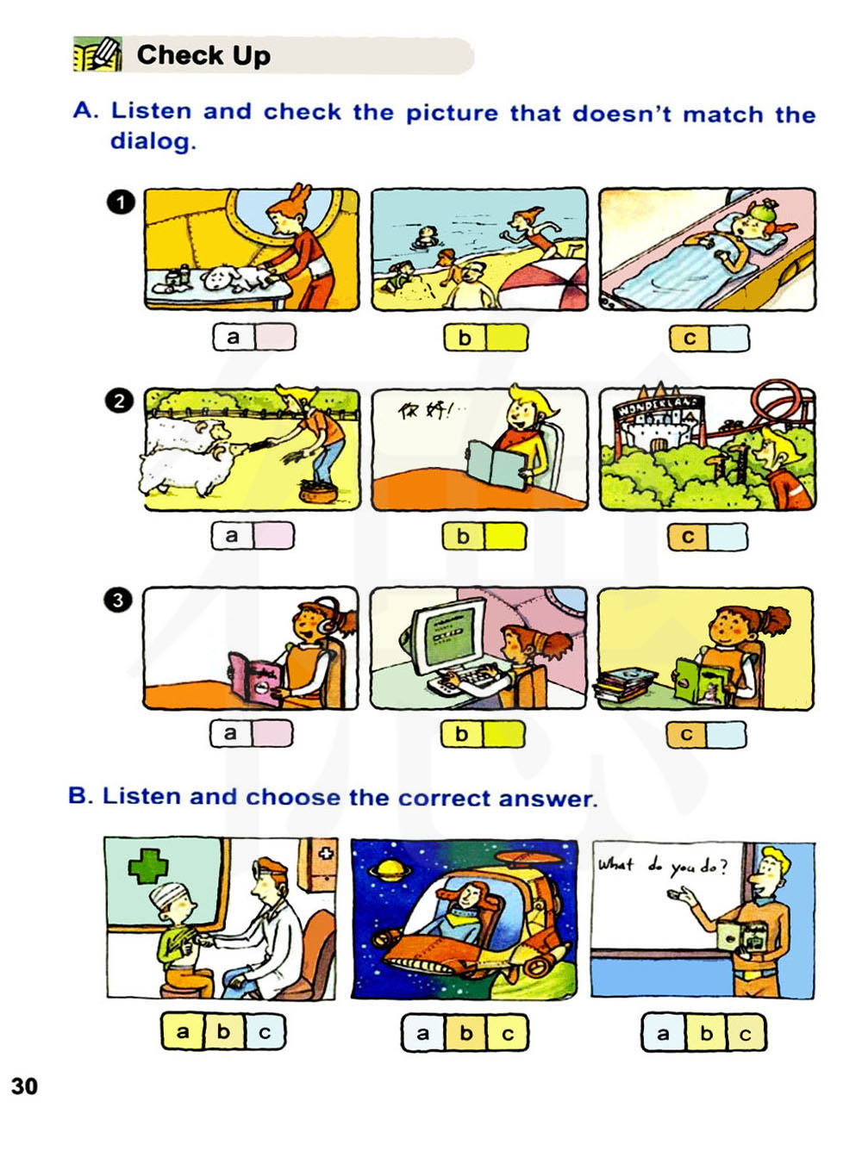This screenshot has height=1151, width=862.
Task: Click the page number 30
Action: point(24,1086)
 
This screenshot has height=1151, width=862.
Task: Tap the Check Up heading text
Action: point(203,55)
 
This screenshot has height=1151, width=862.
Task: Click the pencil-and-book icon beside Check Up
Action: point(97,53)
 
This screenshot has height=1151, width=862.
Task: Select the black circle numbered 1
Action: point(121,203)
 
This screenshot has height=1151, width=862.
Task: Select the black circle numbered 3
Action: point(118,600)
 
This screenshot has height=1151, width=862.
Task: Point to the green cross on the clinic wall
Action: point(148,866)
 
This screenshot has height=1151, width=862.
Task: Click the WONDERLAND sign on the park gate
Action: point(659,407)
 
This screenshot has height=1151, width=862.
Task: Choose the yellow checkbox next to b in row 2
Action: point(504,536)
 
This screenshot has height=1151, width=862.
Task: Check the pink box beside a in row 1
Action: point(275,337)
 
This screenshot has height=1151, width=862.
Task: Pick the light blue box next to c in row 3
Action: point(726,734)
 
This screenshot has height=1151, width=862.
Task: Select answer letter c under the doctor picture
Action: point(265,1032)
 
